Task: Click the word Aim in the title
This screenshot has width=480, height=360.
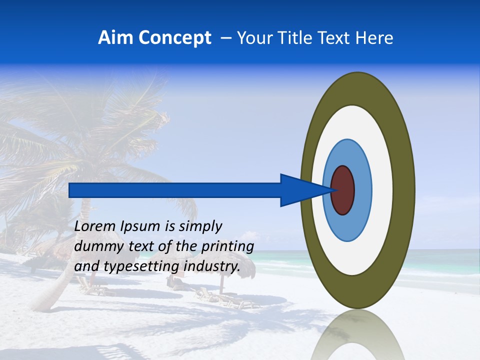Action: [116, 38]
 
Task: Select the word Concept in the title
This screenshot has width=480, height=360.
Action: [175, 38]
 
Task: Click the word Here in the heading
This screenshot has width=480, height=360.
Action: [374, 38]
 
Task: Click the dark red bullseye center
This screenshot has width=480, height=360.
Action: [342, 190]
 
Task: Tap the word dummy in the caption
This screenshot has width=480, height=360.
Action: [95, 247]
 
